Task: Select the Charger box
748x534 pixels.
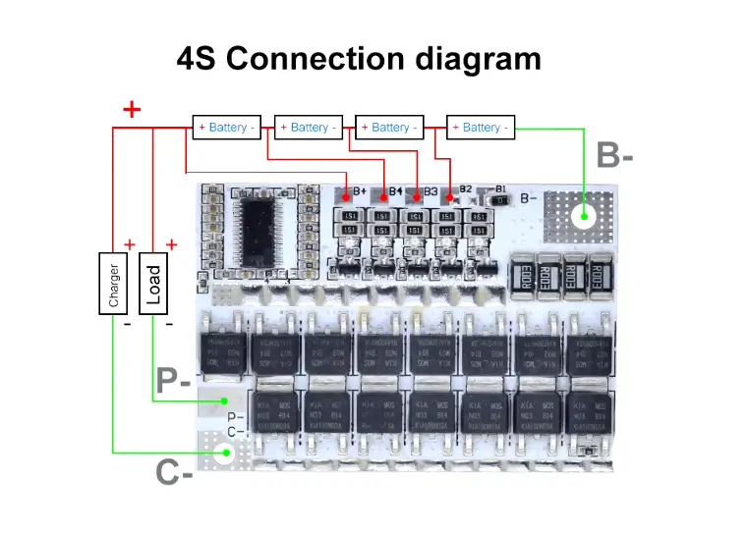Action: (114, 283)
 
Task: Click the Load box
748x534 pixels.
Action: (153, 283)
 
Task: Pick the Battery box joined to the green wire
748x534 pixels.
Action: (481, 128)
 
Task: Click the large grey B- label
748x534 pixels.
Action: (614, 156)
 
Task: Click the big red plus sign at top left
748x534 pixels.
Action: (131, 109)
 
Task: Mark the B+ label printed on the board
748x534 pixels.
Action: (360, 190)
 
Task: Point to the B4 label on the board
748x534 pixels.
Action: (395, 190)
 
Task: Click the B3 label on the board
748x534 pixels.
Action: (430, 190)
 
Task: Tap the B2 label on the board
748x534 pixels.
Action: (465, 189)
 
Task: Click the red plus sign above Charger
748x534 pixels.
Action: (129, 243)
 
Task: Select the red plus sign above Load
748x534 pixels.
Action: (171, 243)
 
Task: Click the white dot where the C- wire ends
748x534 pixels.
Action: (227, 453)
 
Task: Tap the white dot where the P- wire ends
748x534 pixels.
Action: (225, 400)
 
